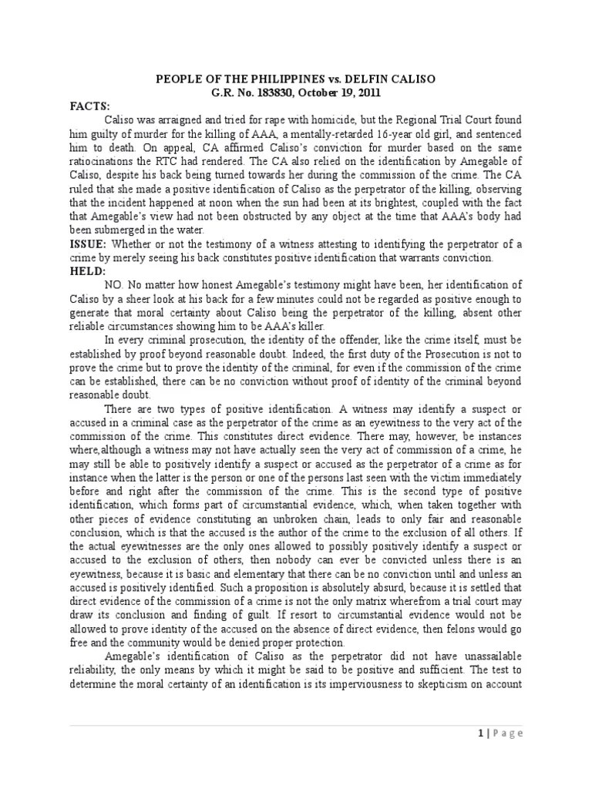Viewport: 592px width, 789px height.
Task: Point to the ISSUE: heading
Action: coord(89,244)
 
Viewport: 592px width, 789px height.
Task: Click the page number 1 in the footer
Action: coord(479,733)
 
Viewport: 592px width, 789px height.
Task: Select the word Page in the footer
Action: coord(509,733)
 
